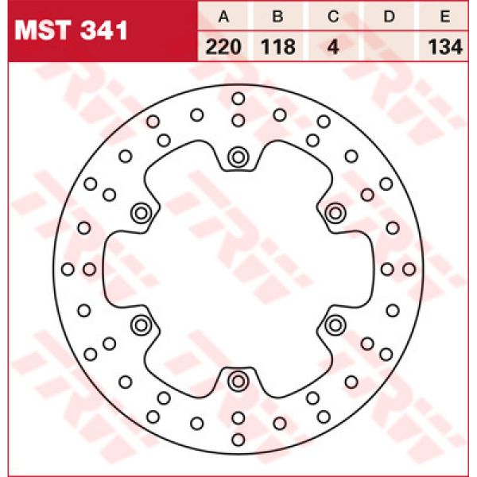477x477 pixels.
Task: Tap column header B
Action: click(x=278, y=16)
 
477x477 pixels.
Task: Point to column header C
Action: click(x=334, y=16)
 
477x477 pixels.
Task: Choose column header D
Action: click(x=390, y=16)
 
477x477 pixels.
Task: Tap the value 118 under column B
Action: click(x=278, y=47)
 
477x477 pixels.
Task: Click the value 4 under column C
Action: click(x=334, y=47)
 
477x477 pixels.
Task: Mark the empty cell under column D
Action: click(x=390, y=47)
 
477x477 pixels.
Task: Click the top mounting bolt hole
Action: click(x=238, y=157)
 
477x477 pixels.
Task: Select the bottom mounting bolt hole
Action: click(x=238, y=381)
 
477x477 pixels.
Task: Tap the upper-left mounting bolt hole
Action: click(x=142, y=212)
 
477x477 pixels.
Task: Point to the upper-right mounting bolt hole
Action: click(x=335, y=212)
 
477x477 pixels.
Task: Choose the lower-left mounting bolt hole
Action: click(x=142, y=324)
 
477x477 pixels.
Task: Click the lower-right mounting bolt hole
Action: click(x=335, y=324)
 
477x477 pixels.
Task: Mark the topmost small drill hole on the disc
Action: click(x=238, y=99)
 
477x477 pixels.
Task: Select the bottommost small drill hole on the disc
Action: click(x=238, y=438)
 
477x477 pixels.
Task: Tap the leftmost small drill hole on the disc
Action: click(x=68, y=269)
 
